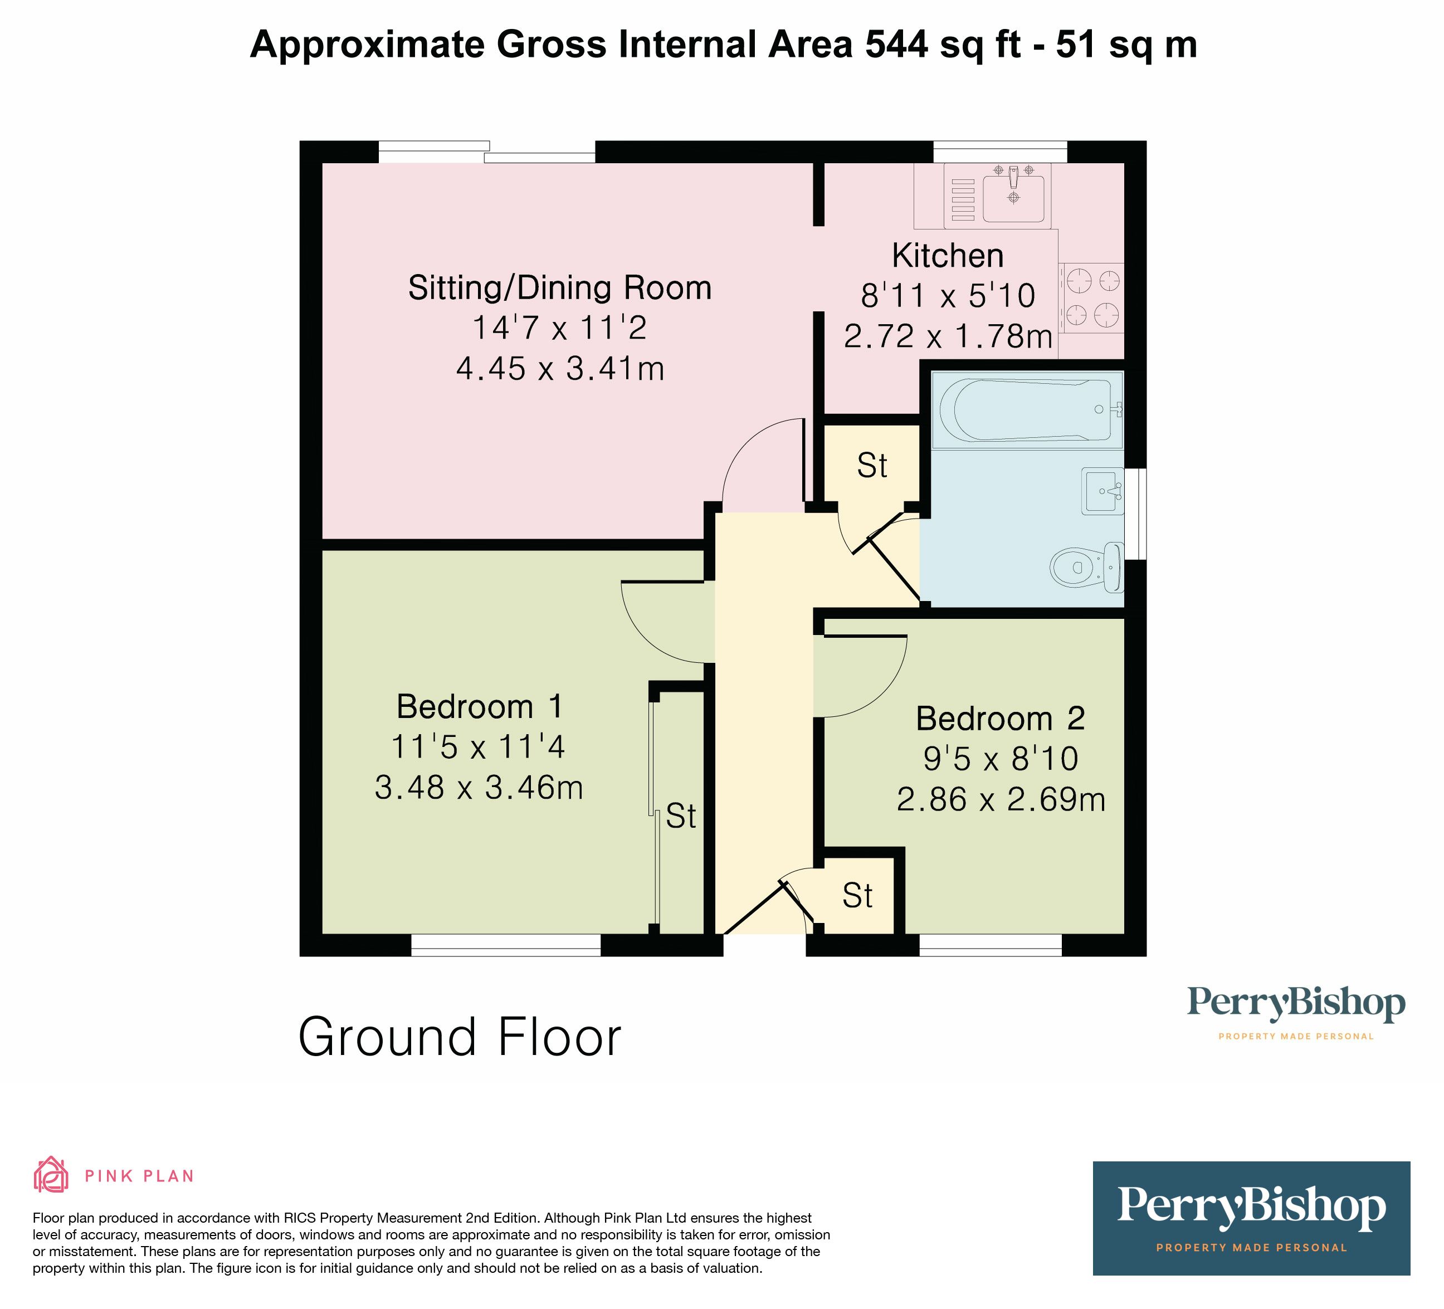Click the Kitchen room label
(x=948, y=256)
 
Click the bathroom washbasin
(x=1103, y=491)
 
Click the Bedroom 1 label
(x=480, y=707)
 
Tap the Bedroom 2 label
(x=1001, y=719)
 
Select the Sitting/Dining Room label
(x=560, y=288)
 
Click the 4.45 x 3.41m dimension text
(x=560, y=369)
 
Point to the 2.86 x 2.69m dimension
(x=1001, y=800)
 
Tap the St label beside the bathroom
(x=872, y=466)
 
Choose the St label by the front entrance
(x=857, y=896)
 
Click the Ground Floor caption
(x=460, y=1038)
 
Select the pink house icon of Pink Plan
(x=51, y=1175)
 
